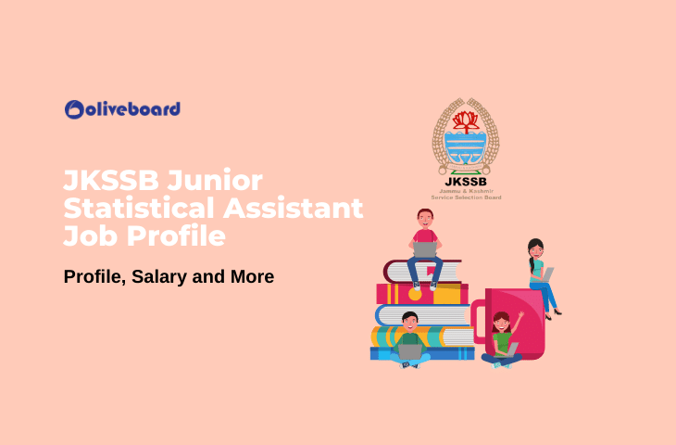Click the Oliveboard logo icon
click(x=74, y=109)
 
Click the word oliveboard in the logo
click(x=132, y=109)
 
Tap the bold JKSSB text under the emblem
click(x=466, y=180)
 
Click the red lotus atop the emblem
click(x=466, y=120)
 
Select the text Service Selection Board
click(x=466, y=197)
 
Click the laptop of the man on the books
click(x=425, y=249)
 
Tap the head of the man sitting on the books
click(x=425, y=219)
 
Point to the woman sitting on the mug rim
click(x=539, y=274)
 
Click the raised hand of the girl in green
click(x=520, y=315)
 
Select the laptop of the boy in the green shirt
click(x=409, y=351)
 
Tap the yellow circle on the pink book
click(x=415, y=294)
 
